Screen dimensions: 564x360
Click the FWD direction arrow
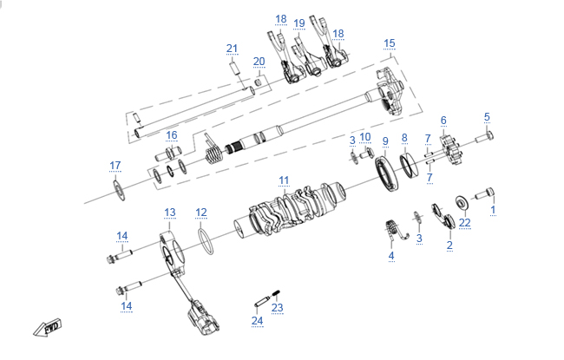coord(48,328)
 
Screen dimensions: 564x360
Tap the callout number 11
coord(284,180)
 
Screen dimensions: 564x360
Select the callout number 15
coord(390,43)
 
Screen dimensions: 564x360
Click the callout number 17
coord(115,166)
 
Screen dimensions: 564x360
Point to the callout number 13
coord(170,213)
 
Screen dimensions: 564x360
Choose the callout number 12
coord(201,213)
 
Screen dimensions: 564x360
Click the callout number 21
coord(232,49)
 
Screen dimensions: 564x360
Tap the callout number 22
coord(465,223)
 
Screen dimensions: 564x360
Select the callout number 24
coord(257,320)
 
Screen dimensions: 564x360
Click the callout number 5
coord(487,117)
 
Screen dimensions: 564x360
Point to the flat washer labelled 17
coord(119,190)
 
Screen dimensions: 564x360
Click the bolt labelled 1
coord(484,193)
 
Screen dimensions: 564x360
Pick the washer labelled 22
coord(462,202)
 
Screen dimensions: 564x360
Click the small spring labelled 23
coord(276,294)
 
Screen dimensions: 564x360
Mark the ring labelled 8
coord(410,165)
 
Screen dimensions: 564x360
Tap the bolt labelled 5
coord(484,137)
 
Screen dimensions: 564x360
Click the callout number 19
coord(298,23)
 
